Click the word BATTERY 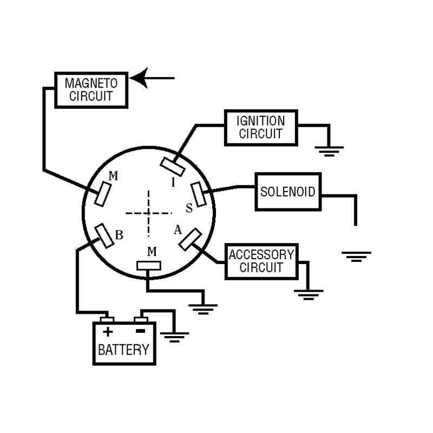[124, 350]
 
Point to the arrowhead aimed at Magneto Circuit [140, 78]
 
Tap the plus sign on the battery [108, 331]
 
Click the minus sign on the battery [141, 331]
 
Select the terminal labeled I [173, 167]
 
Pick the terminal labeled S [199, 194]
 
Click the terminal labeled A [191, 239]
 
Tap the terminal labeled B [104, 236]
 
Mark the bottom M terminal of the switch [148, 266]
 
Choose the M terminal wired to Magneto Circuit [103, 194]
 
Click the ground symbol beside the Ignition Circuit [329, 152]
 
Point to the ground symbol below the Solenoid [356, 257]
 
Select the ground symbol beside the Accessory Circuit [309, 294]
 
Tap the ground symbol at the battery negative [174, 337]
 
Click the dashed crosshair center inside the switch [148, 213]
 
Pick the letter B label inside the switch [119, 235]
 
